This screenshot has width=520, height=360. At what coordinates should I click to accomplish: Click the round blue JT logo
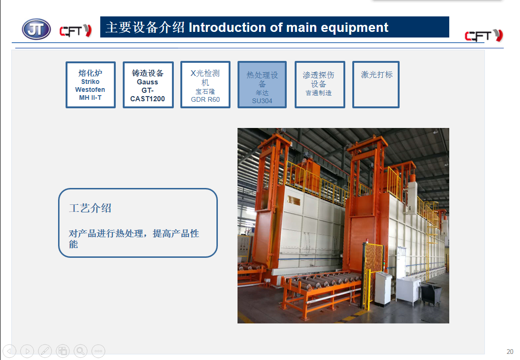pyautogui.click(x=36, y=29)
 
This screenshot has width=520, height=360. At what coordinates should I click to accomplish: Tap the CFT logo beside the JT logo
pyautogui.click(x=75, y=30)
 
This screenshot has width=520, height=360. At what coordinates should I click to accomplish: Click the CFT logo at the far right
pyautogui.click(x=484, y=35)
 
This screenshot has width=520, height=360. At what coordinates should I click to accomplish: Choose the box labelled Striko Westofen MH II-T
pyautogui.click(x=90, y=84)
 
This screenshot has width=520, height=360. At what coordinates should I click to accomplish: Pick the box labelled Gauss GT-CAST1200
pyautogui.click(x=148, y=84)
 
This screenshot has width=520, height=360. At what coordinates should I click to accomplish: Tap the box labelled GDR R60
pyautogui.click(x=205, y=84)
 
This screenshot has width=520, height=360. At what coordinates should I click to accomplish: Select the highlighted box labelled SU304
pyautogui.click(x=262, y=84)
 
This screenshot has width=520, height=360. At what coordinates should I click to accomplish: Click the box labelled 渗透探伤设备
pyautogui.click(x=319, y=84)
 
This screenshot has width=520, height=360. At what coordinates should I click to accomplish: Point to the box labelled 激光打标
pyautogui.click(x=376, y=84)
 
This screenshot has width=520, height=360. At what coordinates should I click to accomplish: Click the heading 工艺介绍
pyautogui.click(x=90, y=208)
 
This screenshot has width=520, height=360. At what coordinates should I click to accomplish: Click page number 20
pyautogui.click(x=510, y=352)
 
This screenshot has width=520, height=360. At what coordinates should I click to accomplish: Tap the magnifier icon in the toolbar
pyautogui.click(x=80, y=351)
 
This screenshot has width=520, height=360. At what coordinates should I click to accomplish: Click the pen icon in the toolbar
pyautogui.click(x=45, y=351)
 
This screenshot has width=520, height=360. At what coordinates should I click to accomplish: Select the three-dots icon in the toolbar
pyautogui.click(x=98, y=351)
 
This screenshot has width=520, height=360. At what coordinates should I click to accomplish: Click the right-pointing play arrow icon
pyautogui.click(x=27, y=351)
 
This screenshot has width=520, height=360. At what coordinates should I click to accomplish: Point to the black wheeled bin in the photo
pyautogui.click(x=431, y=293)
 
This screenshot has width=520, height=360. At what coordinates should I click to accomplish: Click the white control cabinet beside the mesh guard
pyautogui.click(x=383, y=288)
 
